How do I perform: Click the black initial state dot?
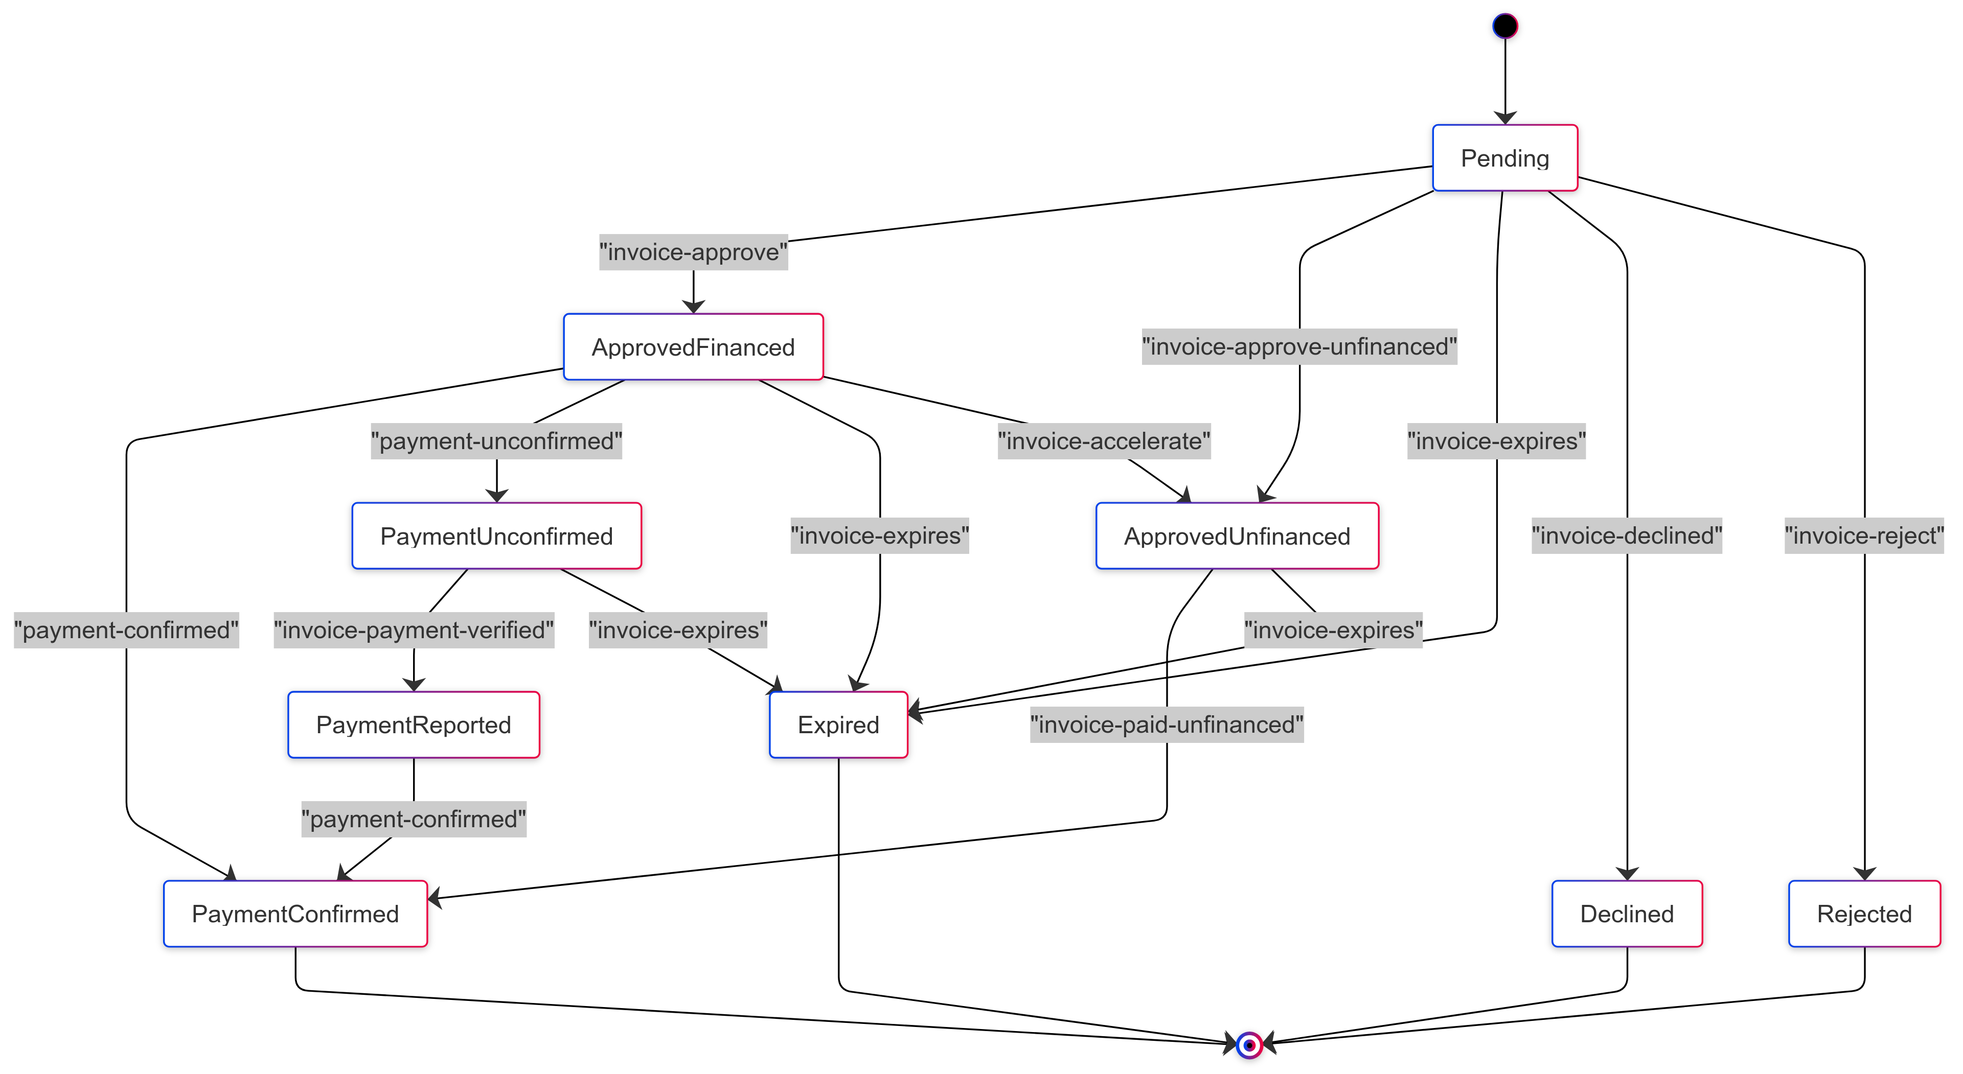click(1504, 26)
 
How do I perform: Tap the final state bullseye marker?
click(1249, 1045)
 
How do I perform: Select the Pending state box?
click(1504, 158)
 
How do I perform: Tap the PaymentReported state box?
click(413, 725)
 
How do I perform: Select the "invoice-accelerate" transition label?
click(1104, 441)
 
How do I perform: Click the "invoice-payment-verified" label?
click(413, 630)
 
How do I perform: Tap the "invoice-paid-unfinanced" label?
click(1166, 725)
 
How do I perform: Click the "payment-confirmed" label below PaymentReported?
click(413, 819)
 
